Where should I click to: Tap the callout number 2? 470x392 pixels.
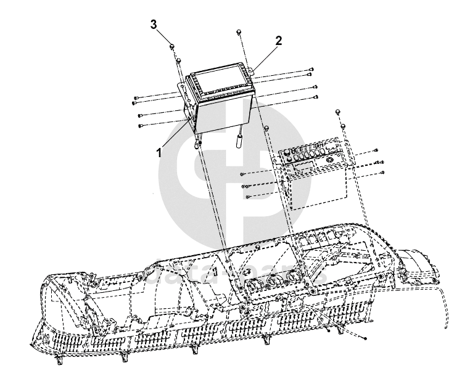(278, 41)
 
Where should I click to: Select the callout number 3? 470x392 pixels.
(155, 25)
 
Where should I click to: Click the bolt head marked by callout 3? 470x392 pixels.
(172, 46)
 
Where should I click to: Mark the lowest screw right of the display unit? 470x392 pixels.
(316, 97)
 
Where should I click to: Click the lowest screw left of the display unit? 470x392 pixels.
(141, 126)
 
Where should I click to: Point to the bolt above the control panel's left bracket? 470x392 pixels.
(266, 128)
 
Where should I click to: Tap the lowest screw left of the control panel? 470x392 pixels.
(247, 197)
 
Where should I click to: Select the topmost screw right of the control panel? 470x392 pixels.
(376, 150)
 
